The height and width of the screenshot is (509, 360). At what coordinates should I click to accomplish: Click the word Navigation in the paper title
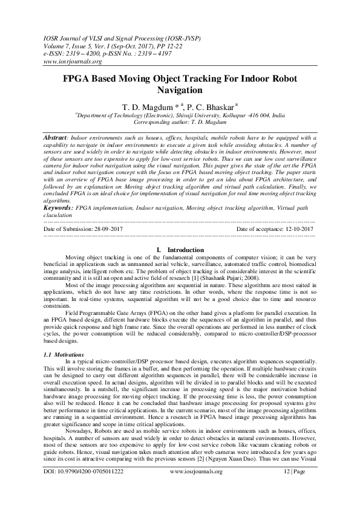[180, 91]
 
